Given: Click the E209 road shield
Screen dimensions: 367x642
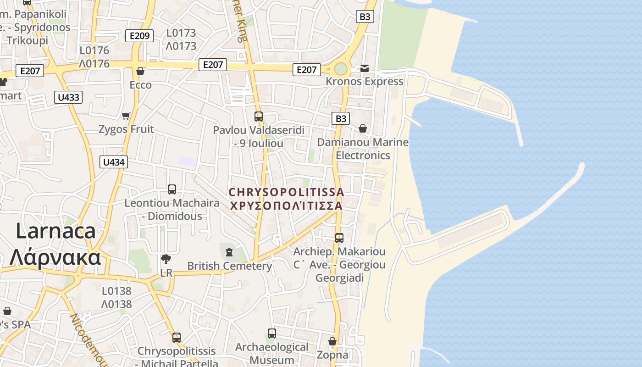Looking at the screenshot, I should coord(140,36).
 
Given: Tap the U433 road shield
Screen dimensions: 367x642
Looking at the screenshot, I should coord(68,97).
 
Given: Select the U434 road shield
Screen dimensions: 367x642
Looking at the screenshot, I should coord(114,162).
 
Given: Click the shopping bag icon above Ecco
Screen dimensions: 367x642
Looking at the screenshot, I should coord(140,71).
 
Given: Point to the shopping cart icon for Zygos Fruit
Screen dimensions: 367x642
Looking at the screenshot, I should coord(126,116).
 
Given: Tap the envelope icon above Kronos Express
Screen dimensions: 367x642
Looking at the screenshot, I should coord(364,68).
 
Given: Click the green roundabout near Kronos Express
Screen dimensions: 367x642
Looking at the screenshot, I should coord(341,69).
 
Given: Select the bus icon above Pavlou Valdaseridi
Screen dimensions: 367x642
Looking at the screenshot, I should coord(259,117).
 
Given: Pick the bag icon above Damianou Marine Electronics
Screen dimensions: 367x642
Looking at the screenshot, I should coord(363,128).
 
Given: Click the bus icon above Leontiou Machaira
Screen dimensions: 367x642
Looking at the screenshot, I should coord(172,189).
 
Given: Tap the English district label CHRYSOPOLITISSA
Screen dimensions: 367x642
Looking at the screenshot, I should coord(286,192).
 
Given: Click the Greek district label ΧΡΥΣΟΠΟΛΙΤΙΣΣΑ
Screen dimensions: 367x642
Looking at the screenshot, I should coord(286,206).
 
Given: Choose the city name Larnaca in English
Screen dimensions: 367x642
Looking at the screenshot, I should coord(56,231).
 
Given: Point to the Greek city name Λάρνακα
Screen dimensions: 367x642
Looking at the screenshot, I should coord(55,257).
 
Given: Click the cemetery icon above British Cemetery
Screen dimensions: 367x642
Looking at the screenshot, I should coord(229,252).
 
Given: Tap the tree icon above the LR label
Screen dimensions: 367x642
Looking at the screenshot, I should coord(166,260).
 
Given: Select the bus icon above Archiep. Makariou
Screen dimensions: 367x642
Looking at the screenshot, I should coord(339,238).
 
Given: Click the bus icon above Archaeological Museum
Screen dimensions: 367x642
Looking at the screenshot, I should coord(272,334).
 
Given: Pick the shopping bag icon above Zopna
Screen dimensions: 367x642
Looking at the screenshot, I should coord(332,342).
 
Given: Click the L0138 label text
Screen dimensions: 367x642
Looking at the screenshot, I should coord(116,291).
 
